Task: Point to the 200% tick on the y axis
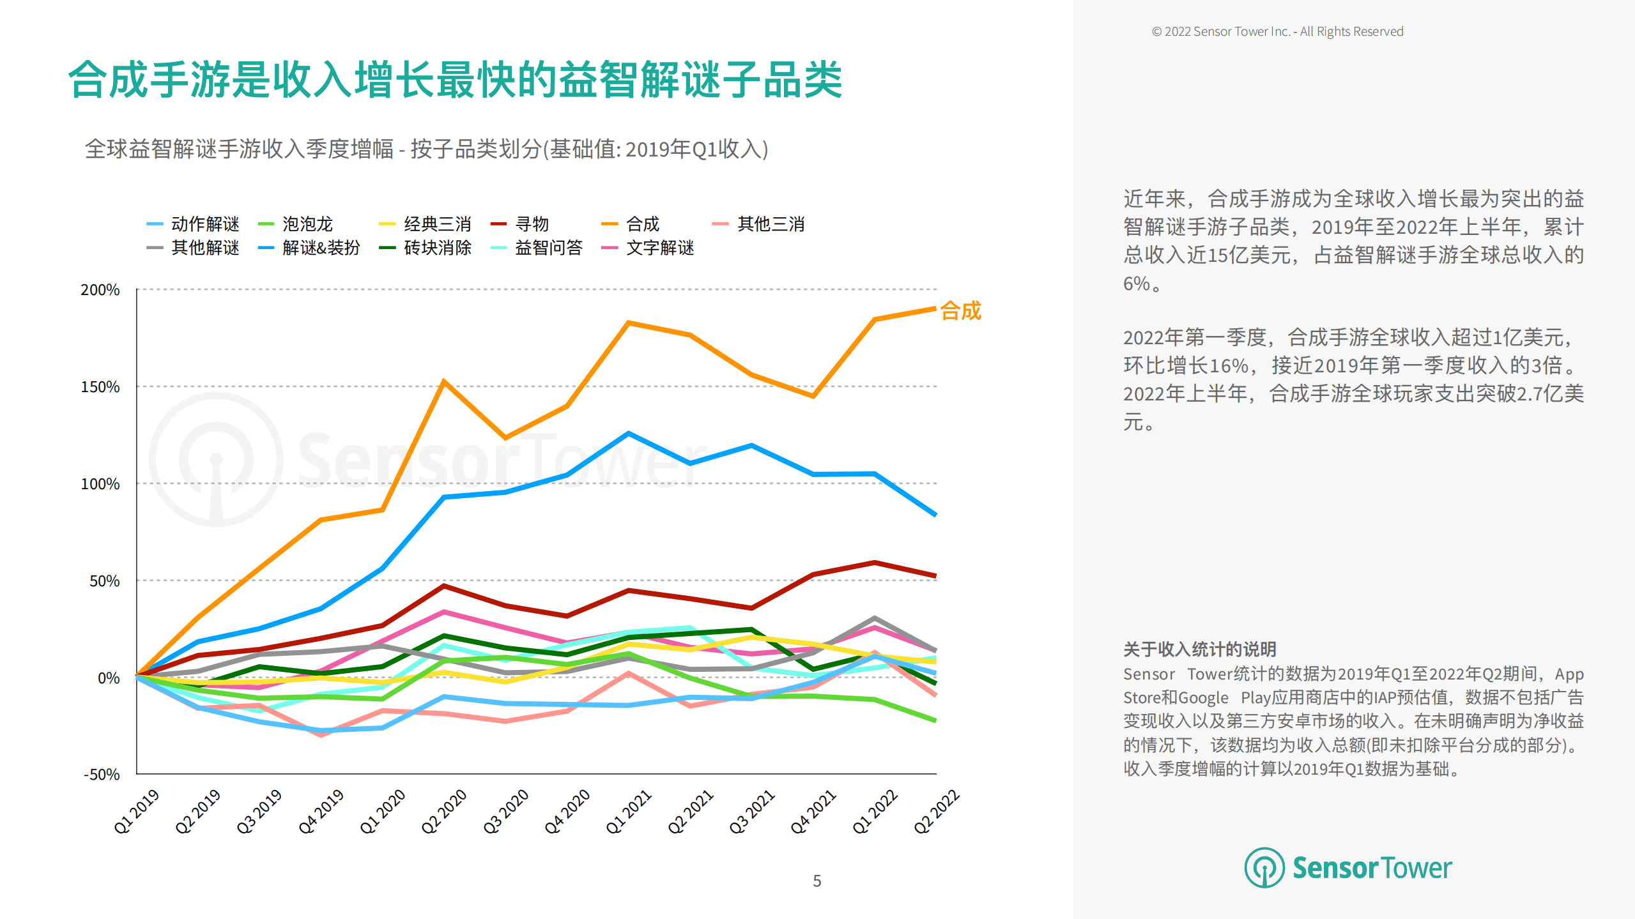[100, 290]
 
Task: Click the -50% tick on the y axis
[102, 775]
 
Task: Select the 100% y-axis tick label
[100, 484]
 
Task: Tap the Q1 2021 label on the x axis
[629, 812]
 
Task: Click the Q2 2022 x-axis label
[936, 812]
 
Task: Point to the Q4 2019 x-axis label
[321, 812]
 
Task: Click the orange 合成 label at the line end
[960, 311]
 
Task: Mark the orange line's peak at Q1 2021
[629, 323]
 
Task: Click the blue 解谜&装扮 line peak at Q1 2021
[629, 434]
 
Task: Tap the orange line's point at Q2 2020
[444, 382]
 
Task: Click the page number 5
[817, 881]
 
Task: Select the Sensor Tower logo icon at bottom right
[1264, 868]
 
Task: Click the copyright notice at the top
[1277, 32]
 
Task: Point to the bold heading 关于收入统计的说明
[1199, 649]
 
